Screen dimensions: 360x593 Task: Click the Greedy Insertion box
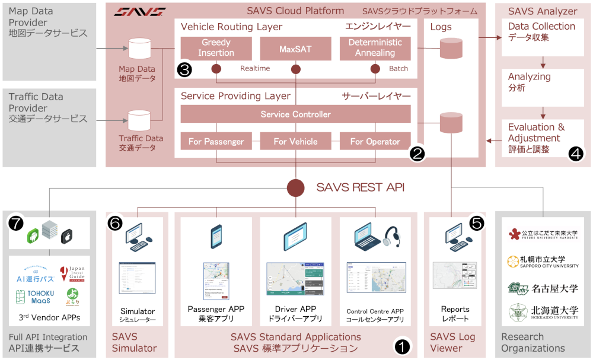[216, 48]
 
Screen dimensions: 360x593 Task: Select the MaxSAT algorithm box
[295, 48]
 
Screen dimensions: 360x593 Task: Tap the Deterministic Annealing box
[375, 48]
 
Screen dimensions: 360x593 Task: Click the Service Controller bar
[295, 114]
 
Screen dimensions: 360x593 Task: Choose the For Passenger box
[216, 141]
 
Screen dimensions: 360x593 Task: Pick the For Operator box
[375, 141]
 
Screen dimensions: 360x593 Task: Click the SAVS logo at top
[140, 11]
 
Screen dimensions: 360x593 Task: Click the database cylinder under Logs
[451, 48]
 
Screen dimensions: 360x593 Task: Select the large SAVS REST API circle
[296, 188]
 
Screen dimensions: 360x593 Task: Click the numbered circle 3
[184, 69]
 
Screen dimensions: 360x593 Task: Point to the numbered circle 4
[575, 153]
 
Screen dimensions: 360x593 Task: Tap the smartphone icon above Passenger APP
[216, 236]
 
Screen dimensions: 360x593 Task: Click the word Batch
[398, 68]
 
